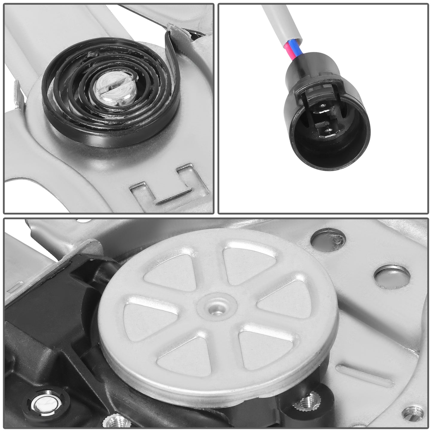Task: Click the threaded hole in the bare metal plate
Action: click(x=413, y=413)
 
